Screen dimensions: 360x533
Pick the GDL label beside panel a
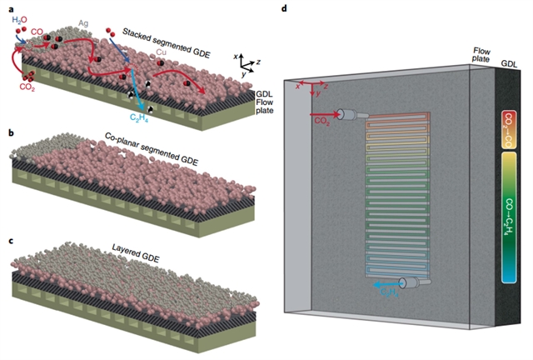[x=266, y=97]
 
